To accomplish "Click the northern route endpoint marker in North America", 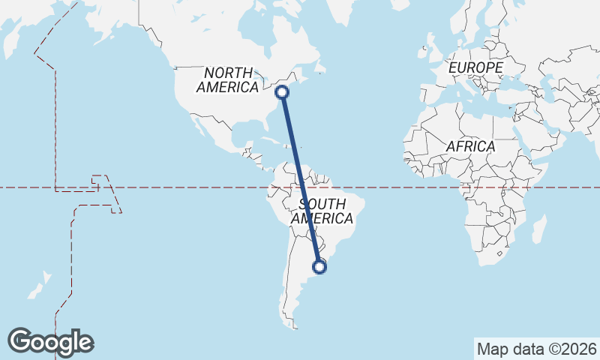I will [x=282, y=92].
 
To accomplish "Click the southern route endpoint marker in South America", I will [x=320, y=266].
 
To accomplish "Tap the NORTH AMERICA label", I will [x=227, y=79].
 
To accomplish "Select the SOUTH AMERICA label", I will [x=322, y=211].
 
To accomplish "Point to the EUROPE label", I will [x=475, y=68].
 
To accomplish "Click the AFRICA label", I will [x=470, y=146].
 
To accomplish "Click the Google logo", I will [x=50, y=341].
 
